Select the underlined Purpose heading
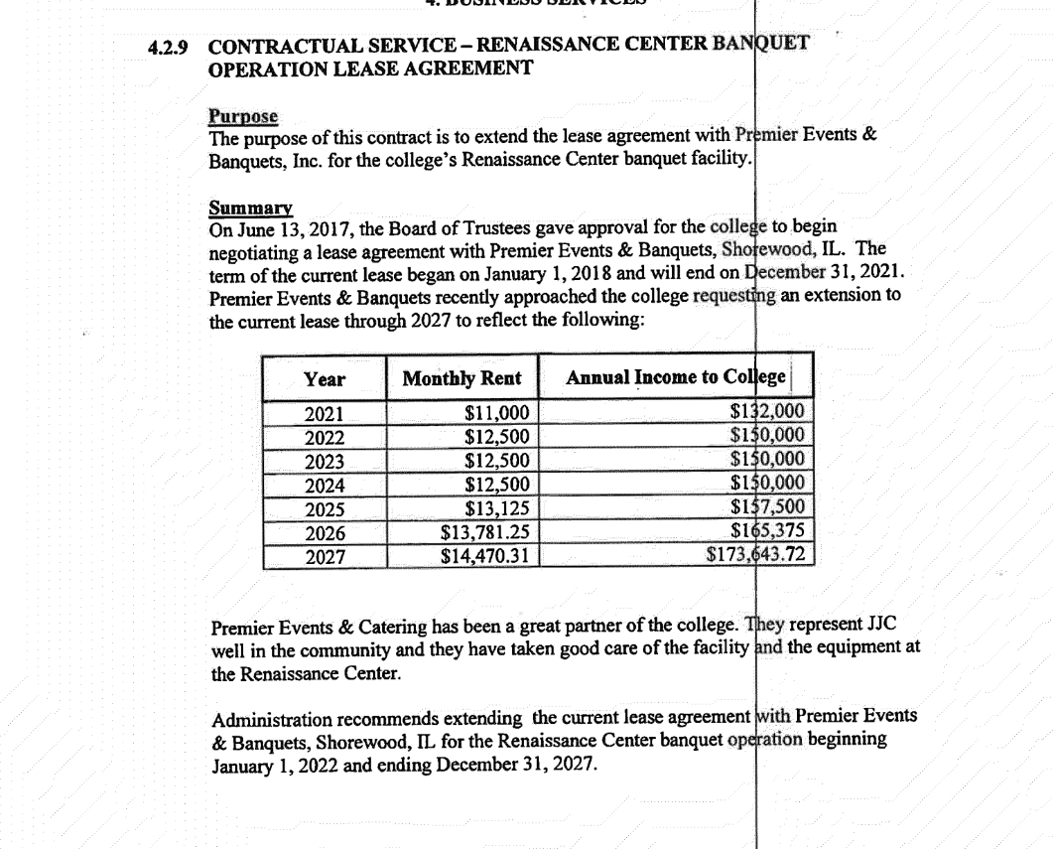(242, 117)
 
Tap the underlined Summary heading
(250, 209)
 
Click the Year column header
(325, 378)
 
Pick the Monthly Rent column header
(461, 378)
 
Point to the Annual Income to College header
(676, 377)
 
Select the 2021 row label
(324, 414)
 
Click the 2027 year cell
(325, 556)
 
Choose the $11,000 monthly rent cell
(498, 414)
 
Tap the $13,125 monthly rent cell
(498, 509)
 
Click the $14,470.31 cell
(484, 556)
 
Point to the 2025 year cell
(325, 509)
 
